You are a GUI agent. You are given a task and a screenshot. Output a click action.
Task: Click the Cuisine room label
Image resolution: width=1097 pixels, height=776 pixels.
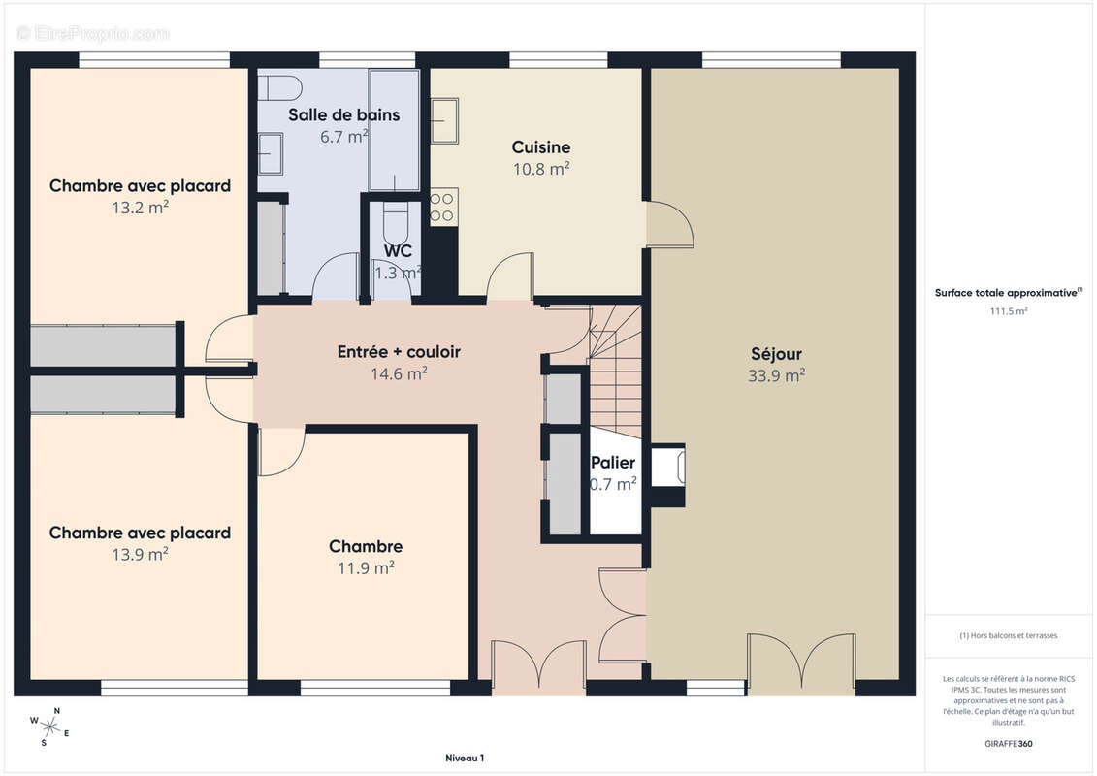tap(541, 146)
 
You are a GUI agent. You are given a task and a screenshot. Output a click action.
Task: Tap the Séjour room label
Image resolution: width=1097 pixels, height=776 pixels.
tap(776, 353)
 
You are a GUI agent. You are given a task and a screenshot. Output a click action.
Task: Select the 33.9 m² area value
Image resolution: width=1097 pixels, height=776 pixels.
tap(776, 375)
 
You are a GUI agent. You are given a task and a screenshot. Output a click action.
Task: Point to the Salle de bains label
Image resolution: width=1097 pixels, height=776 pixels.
tap(343, 114)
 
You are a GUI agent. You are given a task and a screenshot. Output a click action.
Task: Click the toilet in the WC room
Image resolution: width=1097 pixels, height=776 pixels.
tap(396, 221)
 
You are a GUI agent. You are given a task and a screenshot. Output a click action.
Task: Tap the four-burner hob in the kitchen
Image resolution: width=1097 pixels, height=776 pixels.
tap(443, 208)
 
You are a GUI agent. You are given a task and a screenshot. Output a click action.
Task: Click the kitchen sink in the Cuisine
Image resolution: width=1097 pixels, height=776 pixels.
tap(444, 120)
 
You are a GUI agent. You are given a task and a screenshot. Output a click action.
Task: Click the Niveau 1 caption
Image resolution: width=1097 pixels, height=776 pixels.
tap(465, 758)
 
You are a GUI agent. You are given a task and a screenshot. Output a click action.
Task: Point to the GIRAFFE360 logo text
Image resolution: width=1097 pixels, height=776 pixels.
tap(1008, 744)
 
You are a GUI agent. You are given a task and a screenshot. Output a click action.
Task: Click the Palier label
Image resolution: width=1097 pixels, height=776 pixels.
tap(613, 463)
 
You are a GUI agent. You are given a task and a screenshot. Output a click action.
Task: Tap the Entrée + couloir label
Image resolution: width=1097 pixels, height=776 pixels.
tap(399, 351)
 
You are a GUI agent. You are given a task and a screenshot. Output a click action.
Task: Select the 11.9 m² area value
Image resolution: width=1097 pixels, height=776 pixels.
tap(366, 568)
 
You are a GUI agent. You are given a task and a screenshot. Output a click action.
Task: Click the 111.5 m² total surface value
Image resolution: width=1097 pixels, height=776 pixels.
tap(1008, 311)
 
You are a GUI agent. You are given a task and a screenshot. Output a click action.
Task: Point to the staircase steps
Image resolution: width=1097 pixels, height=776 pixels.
tap(615, 371)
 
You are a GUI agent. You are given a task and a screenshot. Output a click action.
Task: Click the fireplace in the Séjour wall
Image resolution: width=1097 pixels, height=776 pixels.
tap(667, 467)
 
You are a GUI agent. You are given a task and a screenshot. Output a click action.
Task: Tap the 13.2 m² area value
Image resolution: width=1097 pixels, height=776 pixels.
tap(140, 208)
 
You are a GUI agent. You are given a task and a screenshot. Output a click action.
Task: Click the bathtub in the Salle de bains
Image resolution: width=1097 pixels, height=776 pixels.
tap(394, 130)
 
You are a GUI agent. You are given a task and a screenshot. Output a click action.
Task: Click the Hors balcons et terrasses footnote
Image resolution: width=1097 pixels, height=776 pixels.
tap(1008, 636)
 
